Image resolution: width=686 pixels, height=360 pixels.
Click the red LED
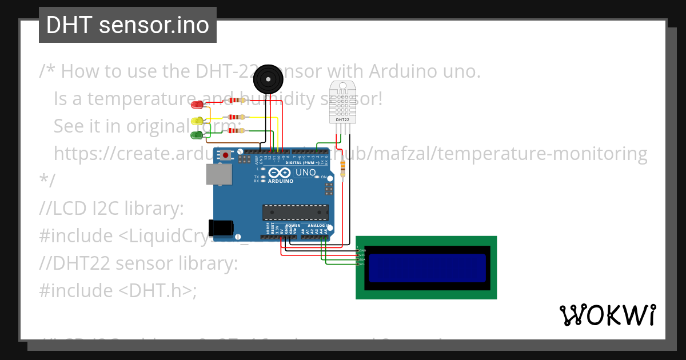click(x=197, y=105)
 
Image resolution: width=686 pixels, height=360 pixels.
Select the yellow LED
click(x=197, y=121)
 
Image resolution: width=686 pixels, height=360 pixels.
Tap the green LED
click(x=197, y=135)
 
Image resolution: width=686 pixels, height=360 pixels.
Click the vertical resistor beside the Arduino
click(x=342, y=168)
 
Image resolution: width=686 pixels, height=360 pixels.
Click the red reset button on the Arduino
click(x=227, y=155)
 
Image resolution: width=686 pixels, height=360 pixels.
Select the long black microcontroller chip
click(x=296, y=212)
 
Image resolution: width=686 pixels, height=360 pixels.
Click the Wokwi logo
click(x=607, y=315)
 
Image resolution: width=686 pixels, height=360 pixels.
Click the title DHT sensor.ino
click(x=127, y=25)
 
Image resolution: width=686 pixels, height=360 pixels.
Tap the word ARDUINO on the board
click(x=280, y=181)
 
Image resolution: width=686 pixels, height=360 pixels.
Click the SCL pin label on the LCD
click(x=361, y=264)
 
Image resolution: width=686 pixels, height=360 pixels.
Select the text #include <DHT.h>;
click(x=118, y=290)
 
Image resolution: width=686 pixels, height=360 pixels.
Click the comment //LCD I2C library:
click(x=111, y=209)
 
